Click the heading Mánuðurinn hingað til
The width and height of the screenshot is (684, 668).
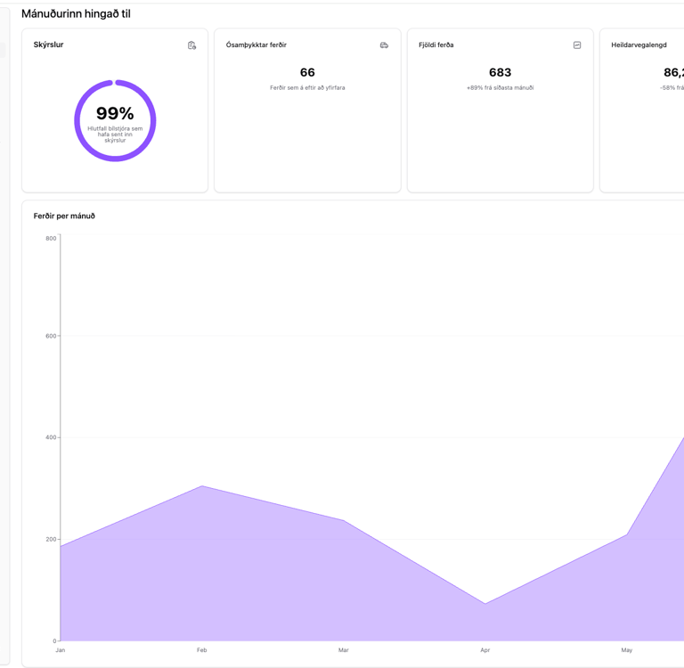76,14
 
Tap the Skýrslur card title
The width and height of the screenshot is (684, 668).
48,45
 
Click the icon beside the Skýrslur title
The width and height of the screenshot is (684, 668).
191,45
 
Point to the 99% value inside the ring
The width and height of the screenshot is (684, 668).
115,114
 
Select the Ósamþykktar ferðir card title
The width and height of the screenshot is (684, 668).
256,45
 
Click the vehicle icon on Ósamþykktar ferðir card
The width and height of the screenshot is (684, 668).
384,45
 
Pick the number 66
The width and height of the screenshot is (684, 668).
307,72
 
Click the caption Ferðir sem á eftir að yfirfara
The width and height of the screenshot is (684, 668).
307,88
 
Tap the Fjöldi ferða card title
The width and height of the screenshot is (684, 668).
436,45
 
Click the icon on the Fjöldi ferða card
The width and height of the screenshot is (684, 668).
577,45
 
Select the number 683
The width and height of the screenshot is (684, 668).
500,72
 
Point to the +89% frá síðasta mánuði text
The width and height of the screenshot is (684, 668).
500,88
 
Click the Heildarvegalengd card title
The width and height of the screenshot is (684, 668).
639,45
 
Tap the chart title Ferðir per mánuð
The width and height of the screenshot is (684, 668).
64,216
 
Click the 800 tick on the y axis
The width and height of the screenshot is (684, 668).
51,239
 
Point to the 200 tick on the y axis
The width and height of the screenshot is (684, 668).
51,539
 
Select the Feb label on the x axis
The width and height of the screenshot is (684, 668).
202,650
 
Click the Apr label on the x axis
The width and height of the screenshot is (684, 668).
485,650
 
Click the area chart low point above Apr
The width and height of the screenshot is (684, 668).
485,604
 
